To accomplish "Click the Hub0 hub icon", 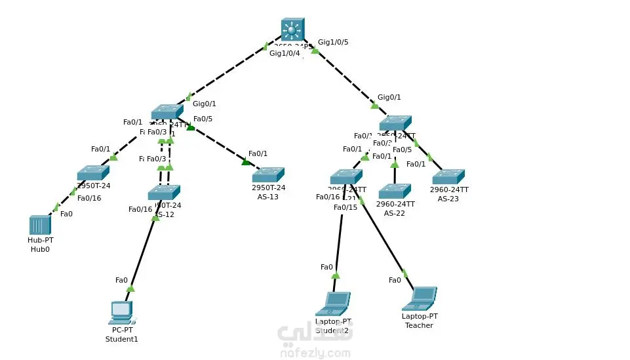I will coord(40,226).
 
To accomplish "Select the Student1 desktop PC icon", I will coord(121,313).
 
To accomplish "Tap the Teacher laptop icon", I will coord(420,298).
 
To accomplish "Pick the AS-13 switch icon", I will coord(268,174).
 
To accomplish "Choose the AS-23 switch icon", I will coord(448,176).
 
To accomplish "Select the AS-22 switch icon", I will coord(395,191).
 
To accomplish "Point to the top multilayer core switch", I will coord(292,30).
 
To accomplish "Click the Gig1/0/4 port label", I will coord(285,53).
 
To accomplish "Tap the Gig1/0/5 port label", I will coord(333,42).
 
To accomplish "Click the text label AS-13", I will coord(268,197).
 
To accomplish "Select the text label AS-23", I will coord(448,199).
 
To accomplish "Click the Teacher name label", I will coord(419,325).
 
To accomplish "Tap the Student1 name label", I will coord(122,339).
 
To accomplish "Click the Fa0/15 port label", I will coord(345,207).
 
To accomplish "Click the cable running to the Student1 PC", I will coord(143,252).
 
